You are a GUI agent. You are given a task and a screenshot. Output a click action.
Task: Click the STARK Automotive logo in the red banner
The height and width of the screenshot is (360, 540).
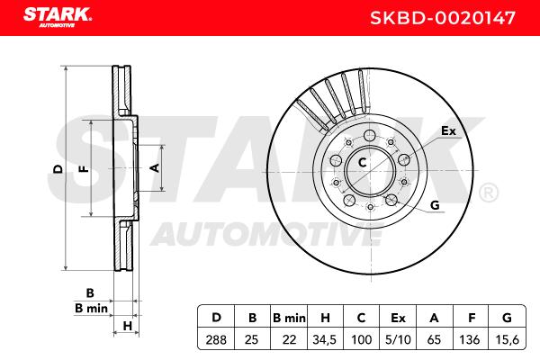(x=58, y=18)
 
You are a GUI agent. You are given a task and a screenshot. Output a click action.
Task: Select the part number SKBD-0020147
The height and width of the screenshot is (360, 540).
(x=443, y=18)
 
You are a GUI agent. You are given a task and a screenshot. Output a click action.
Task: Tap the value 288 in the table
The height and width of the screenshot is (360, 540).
(x=216, y=339)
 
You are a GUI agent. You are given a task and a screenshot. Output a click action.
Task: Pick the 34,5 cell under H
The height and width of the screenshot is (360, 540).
(x=324, y=340)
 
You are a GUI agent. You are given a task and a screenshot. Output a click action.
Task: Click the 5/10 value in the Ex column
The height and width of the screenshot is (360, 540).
(x=398, y=339)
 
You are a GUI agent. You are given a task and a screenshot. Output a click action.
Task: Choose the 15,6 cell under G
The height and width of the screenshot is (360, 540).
(x=507, y=340)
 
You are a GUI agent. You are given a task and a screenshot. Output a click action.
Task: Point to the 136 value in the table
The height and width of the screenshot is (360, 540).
(x=470, y=339)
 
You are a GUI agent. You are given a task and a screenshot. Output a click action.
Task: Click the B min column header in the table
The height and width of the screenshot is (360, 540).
(x=289, y=318)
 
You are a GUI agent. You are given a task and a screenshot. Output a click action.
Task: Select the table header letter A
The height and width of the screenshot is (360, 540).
(x=435, y=318)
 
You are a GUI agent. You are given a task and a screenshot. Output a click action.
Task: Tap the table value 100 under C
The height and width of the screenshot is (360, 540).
(x=362, y=339)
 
